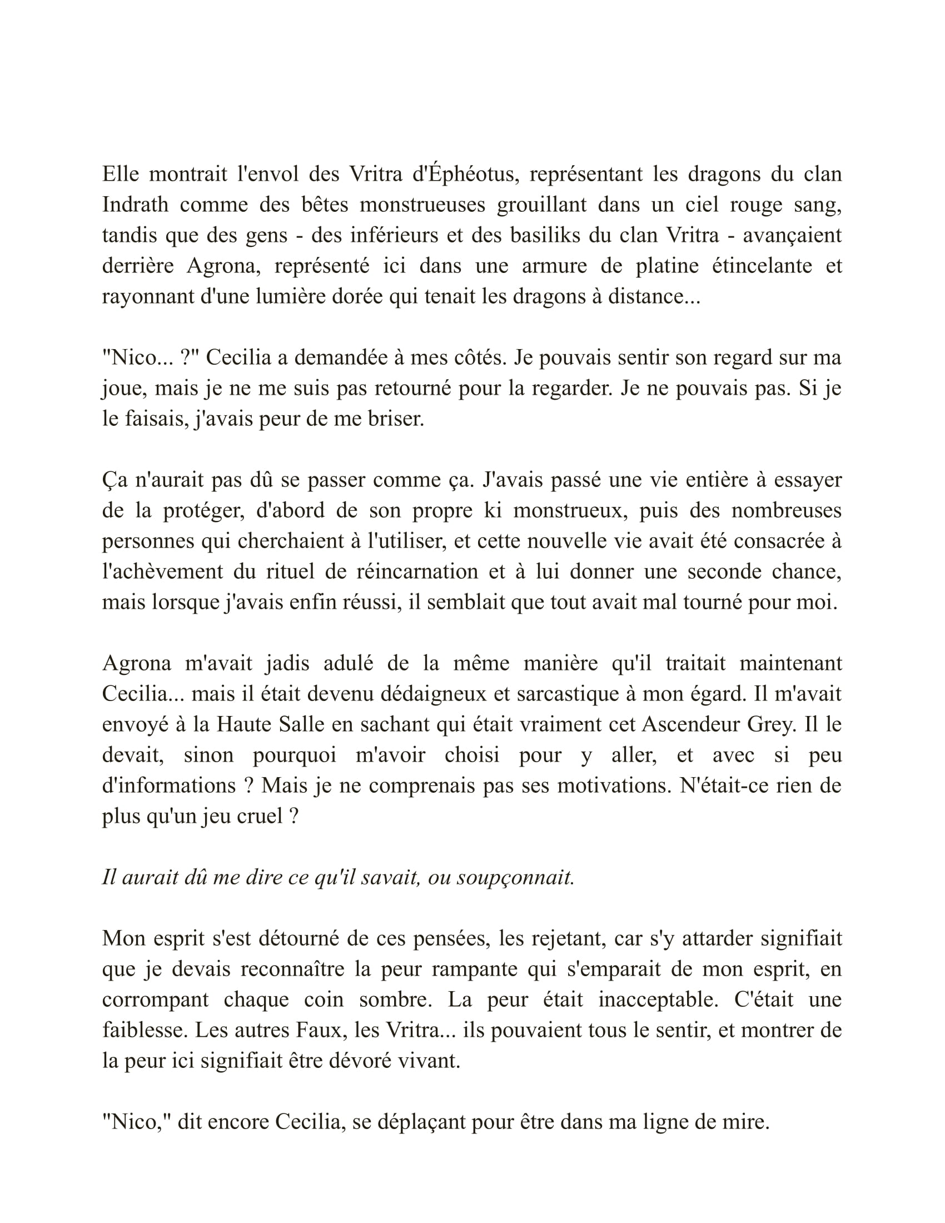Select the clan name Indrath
135,205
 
